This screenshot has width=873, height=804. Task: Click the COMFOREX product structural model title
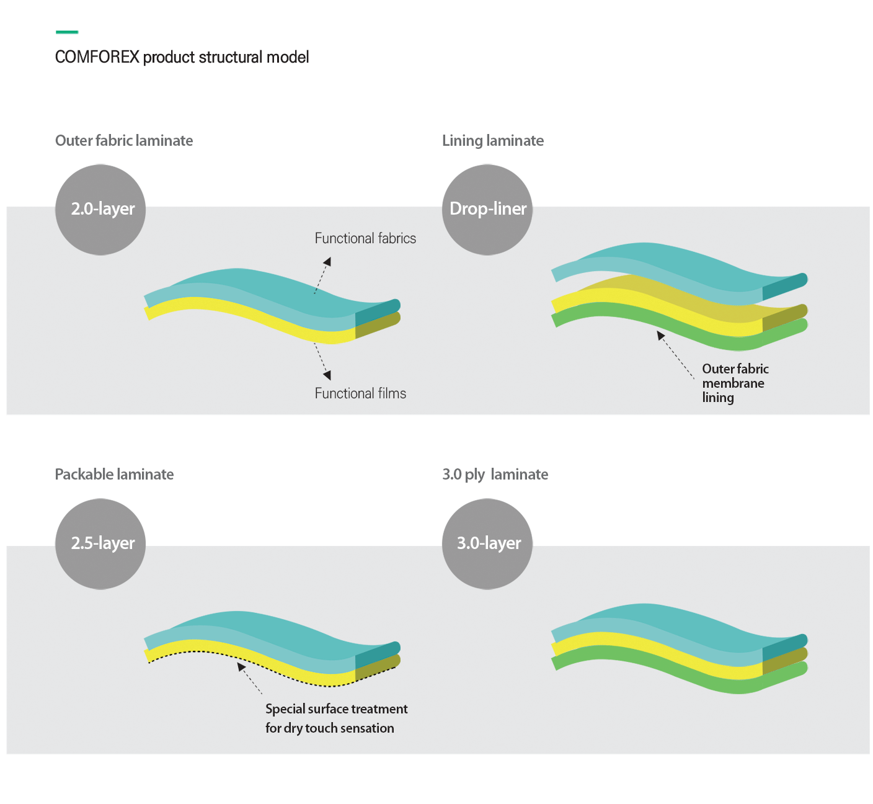point(182,57)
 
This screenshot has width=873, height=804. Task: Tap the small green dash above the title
point(67,32)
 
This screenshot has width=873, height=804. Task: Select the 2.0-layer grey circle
point(100,210)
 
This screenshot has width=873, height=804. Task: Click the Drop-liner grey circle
point(487,210)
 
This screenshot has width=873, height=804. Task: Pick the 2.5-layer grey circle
point(100,544)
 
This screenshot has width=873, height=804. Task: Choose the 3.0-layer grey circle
point(487,544)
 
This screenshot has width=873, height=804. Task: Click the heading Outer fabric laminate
point(124,141)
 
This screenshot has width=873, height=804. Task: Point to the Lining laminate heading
point(493,141)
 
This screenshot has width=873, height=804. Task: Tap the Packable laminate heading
point(115,475)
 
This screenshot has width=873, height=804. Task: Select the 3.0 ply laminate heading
point(495,475)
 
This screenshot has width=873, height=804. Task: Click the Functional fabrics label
point(365,238)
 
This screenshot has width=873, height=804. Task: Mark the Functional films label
point(360,393)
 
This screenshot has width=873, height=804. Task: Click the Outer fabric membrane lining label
point(735,383)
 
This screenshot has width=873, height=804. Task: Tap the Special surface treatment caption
point(337,718)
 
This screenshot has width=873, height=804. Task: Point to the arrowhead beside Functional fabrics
point(327,261)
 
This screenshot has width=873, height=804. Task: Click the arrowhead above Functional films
point(327,375)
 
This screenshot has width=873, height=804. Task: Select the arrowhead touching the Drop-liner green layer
point(660,335)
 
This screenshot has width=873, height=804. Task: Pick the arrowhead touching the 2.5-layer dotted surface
point(241,667)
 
